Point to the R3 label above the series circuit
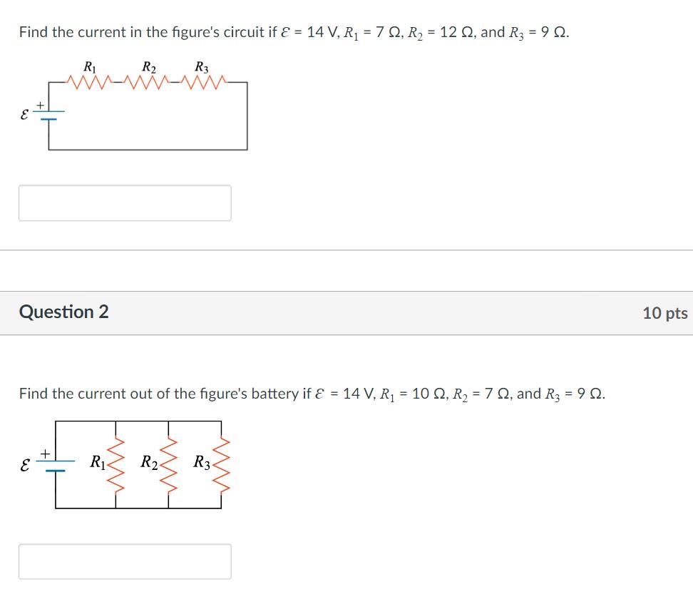point(202,68)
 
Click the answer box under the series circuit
point(125,203)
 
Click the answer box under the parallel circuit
point(125,561)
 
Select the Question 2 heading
point(64,312)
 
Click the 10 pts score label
point(664,313)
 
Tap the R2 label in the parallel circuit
point(149,463)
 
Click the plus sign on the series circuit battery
point(41,105)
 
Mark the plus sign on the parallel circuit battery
point(46,453)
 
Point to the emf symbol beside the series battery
point(24,114)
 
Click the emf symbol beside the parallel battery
point(25,464)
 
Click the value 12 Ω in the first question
point(457,33)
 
